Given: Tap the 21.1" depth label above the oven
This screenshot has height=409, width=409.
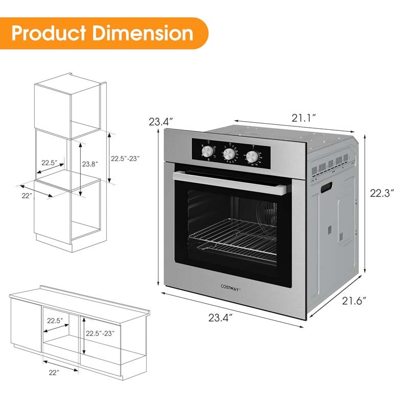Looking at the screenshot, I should point(304,118).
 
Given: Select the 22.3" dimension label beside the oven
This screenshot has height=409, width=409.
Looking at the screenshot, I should point(383,194).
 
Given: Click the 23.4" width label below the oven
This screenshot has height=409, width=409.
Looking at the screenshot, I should point(220,318).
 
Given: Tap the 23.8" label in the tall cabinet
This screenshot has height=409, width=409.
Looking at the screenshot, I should point(90,165).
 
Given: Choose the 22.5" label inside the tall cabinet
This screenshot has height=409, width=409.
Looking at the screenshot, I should point(49,163).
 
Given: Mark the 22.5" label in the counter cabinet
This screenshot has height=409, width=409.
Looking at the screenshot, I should point(55,321).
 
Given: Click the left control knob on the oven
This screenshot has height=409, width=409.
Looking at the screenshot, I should point(207,152).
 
